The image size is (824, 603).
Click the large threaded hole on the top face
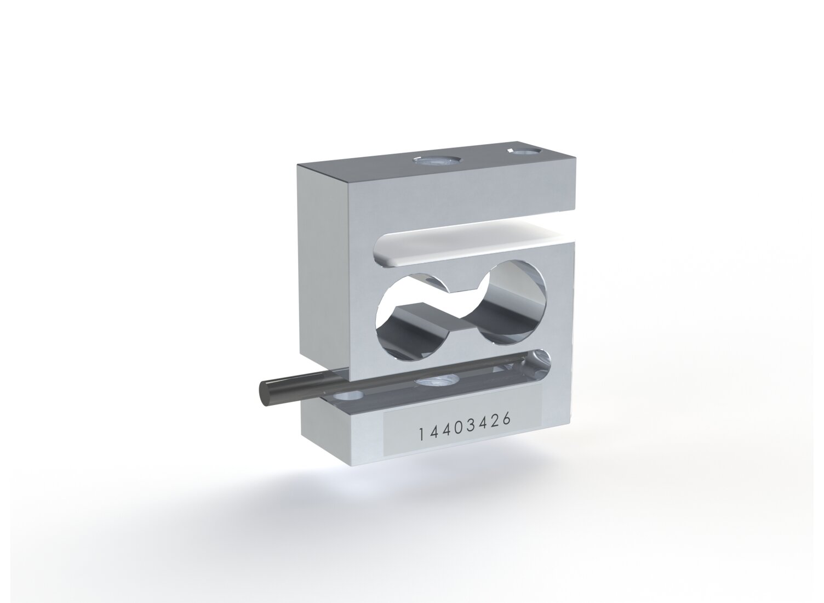click(x=436, y=161)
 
